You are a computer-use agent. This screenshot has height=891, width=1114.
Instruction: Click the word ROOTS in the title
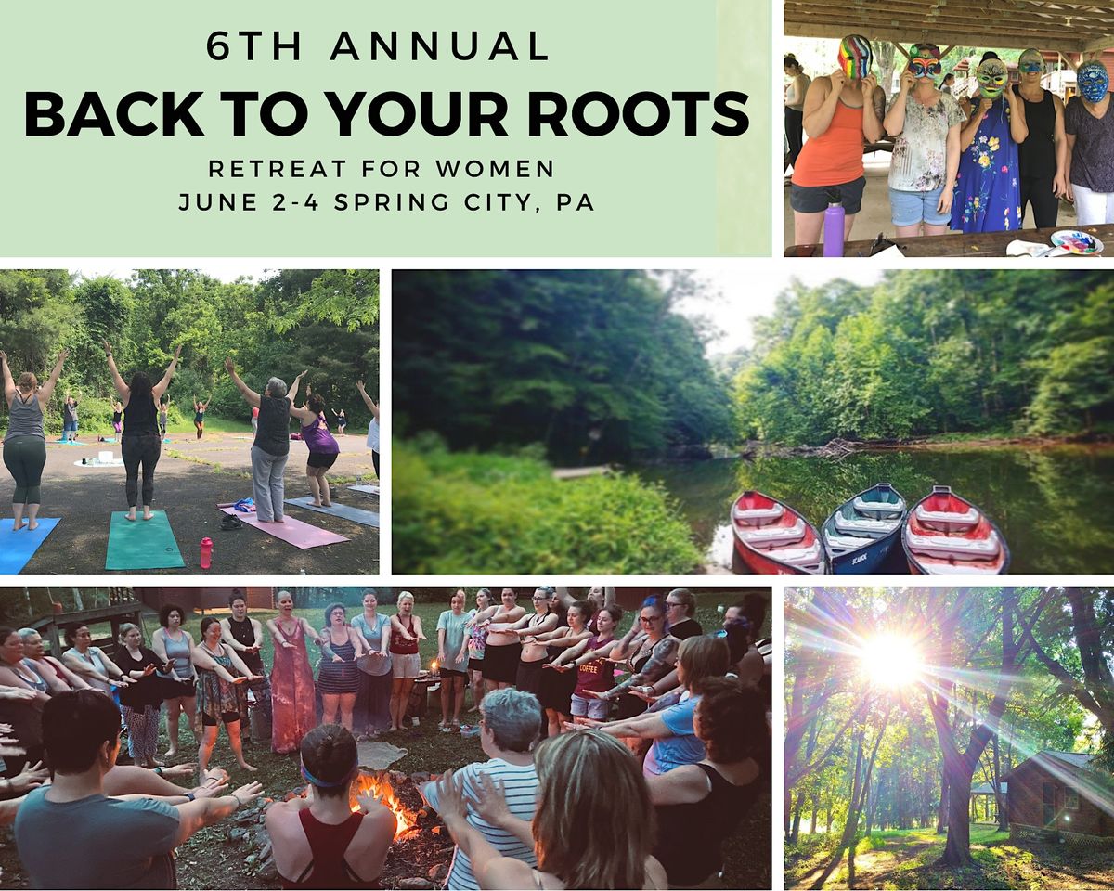click(654, 113)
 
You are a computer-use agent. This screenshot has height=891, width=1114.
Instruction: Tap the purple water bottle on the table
click(834, 229)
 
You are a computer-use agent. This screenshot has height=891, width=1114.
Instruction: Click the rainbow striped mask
click(855, 57)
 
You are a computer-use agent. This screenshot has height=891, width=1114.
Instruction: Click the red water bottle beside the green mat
click(205, 552)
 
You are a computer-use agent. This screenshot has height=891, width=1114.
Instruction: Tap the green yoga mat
click(144, 540)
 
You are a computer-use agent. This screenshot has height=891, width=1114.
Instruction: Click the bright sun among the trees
click(889, 659)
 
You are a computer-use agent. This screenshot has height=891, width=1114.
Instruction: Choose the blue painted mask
click(1092, 82)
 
